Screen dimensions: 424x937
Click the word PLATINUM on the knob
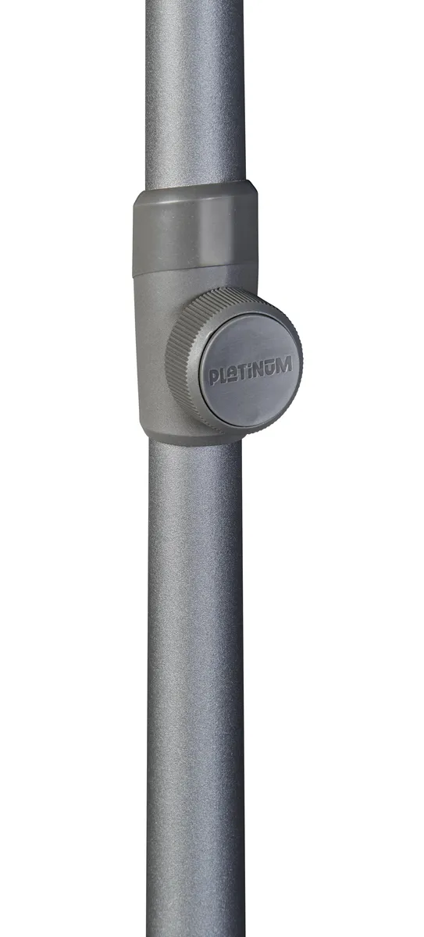250,371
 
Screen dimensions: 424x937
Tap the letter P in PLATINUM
213,376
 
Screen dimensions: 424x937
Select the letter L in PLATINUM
223,375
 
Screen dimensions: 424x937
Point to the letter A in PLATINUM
231,372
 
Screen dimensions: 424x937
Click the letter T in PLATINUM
242,372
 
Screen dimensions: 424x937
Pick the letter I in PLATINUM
251,372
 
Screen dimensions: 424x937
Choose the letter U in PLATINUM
270,368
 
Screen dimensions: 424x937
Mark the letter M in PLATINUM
284,365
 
